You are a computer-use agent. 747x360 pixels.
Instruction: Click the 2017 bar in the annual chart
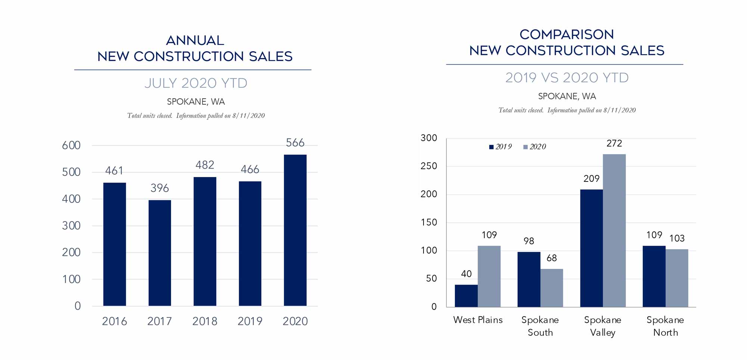(x=159, y=253)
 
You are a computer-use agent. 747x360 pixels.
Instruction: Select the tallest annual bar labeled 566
(x=295, y=230)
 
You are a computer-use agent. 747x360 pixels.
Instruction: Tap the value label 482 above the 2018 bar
(x=205, y=165)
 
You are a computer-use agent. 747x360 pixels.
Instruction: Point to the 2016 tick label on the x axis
(x=114, y=321)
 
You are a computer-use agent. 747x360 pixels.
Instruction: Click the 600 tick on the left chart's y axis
(x=71, y=145)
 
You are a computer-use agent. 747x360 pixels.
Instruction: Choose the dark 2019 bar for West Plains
(x=466, y=296)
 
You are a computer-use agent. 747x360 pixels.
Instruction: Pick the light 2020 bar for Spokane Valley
(x=614, y=230)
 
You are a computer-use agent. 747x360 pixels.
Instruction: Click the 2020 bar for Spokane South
(x=551, y=288)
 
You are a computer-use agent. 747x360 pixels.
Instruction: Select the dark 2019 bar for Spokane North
(x=654, y=276)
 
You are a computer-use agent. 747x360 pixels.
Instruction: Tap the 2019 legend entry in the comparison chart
(x=500, y=147)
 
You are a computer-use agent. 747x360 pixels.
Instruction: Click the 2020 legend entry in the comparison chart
(x=535, y=147)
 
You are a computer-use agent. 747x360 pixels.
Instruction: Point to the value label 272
(x=614, y=143)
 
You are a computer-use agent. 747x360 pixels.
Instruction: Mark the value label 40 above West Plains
(x=466, y=274)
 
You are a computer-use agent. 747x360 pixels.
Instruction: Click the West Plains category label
(x=478, y=320)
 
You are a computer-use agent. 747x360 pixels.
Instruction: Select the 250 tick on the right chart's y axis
(x=429, y=166)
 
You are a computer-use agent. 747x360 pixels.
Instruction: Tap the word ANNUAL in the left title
(x=195, y=40)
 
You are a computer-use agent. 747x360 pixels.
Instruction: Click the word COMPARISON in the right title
(x=567, y=34)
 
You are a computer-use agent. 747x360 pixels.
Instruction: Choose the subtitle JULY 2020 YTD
(x=196, y=83)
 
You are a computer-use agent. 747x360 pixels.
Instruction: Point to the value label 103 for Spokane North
(x=676, y=238)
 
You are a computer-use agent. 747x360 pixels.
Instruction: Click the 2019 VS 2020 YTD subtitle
(x=567, y=78)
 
